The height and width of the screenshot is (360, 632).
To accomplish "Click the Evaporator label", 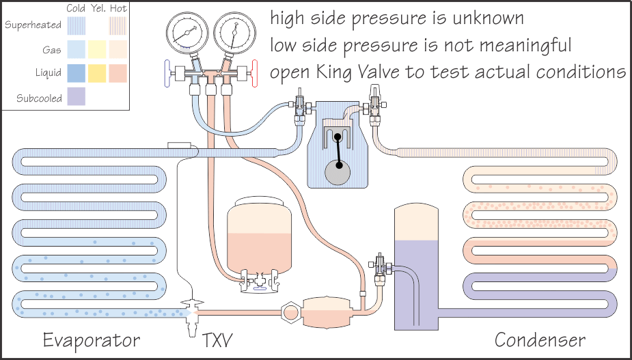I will click(x=91, y=340).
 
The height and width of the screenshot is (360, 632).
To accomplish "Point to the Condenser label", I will click(x=540, y=340).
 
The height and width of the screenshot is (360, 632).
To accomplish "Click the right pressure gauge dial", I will click(x=232, y=33).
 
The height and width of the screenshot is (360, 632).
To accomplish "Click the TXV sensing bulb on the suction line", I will click(x=180, y=146).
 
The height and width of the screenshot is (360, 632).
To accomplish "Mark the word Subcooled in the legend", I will click(x=39, y=98).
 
